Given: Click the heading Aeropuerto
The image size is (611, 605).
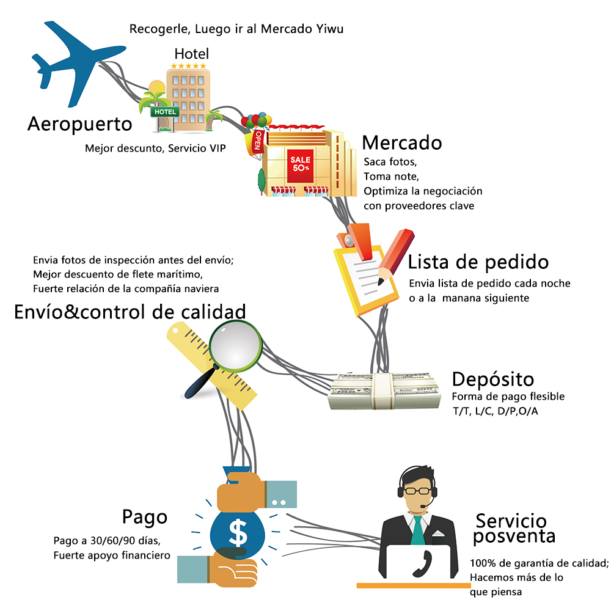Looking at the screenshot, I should (79, 124).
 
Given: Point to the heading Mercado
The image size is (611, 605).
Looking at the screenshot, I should (401, 142).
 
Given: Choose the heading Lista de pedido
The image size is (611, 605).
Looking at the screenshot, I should (478, 262).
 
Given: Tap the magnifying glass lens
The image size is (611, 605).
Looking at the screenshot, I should (235, 347).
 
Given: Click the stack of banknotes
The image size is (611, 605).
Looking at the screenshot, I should (384, 391).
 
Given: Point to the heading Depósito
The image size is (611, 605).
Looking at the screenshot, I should (493, 378).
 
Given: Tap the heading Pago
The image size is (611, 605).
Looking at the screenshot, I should (144, 516).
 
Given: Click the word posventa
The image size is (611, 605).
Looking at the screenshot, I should (514, 537).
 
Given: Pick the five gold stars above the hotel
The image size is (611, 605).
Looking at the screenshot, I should (189, 65).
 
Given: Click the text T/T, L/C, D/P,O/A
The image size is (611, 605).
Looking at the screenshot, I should (495, 411).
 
